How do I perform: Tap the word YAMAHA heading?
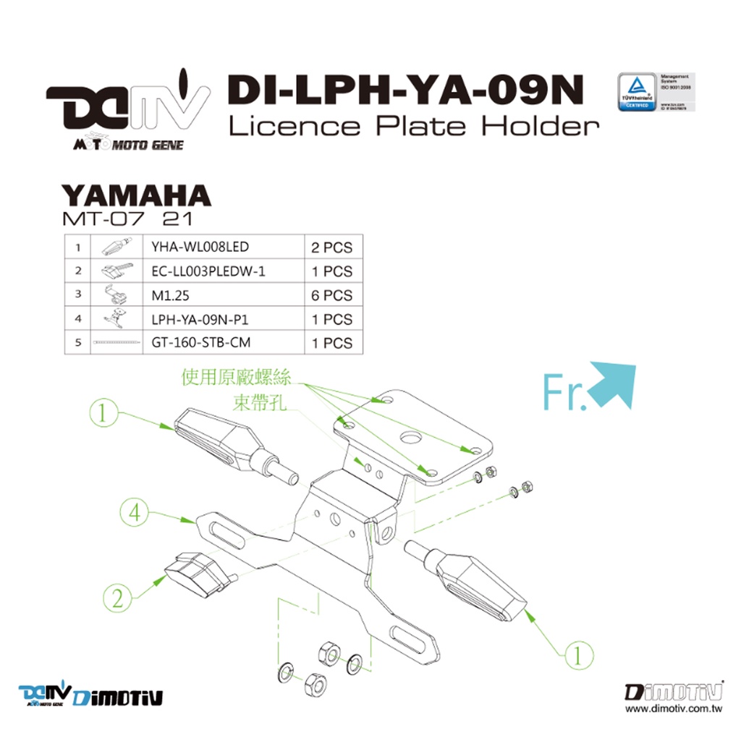pyautogui.click(x=135, y=195)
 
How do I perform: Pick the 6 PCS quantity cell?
pyautogui.click(x=331, y=295)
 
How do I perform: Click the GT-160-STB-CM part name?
pyautogui.click(x=201, y=343)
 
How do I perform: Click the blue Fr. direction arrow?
pyautogui.click(x=613, y=385)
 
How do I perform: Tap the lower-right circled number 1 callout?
pyautogui.click(x=578, y=655)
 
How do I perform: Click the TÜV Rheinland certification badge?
pyautogui.click(x=637, y=91)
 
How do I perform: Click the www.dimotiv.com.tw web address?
pyautogui.click(x=674, y=710)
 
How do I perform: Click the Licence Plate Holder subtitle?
pyautogui.click(x=414, y=126)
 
